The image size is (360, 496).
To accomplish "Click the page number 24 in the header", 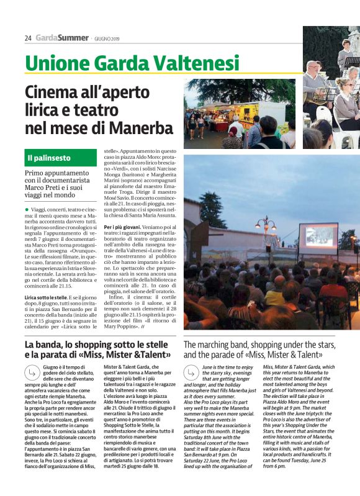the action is (28, 38).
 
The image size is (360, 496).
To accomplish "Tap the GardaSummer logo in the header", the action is (62, 38).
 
